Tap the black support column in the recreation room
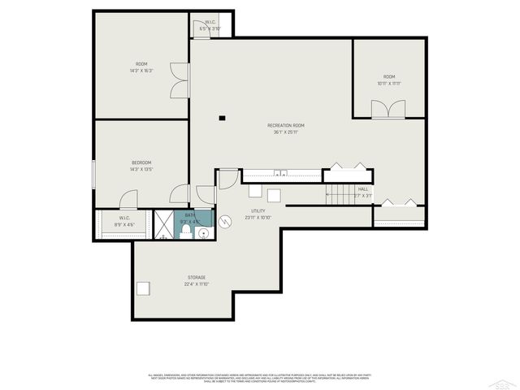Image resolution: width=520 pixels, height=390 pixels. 222,117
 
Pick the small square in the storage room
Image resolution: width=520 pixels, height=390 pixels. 144,288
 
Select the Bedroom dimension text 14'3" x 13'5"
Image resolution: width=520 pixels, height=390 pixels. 141,170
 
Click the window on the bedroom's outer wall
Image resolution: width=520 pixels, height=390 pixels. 94,174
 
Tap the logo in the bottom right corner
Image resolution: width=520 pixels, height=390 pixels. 504,382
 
